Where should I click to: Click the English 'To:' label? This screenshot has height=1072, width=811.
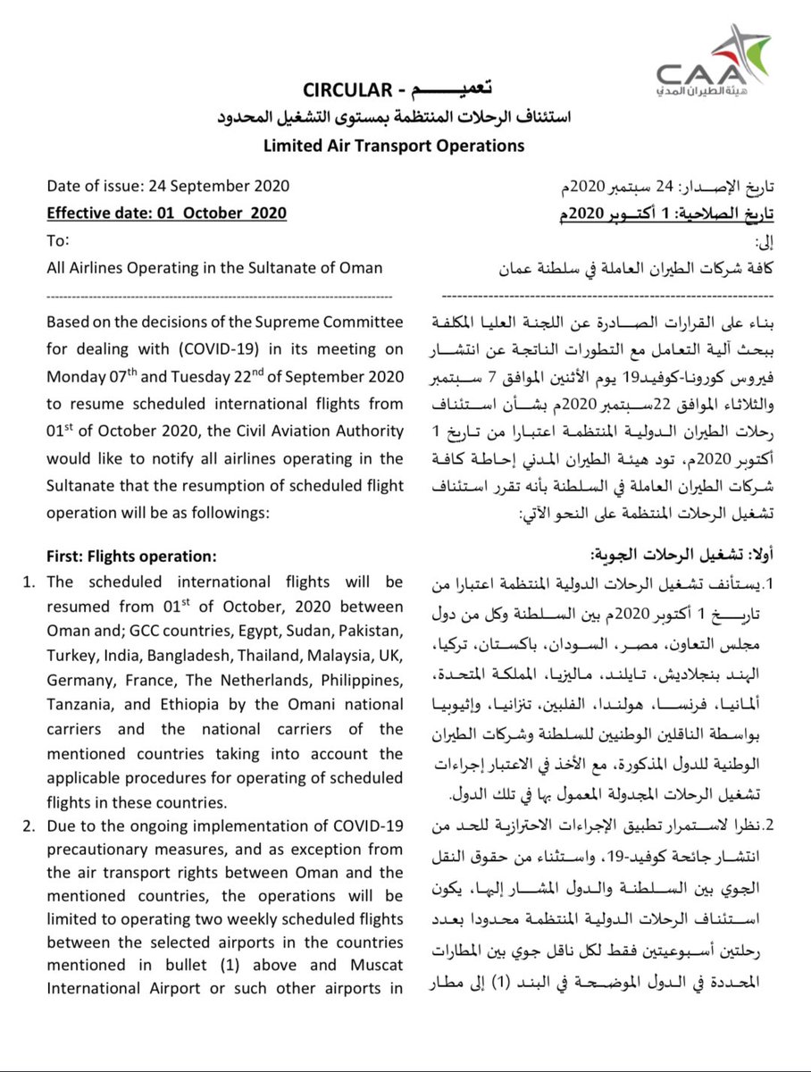coord(55,241)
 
